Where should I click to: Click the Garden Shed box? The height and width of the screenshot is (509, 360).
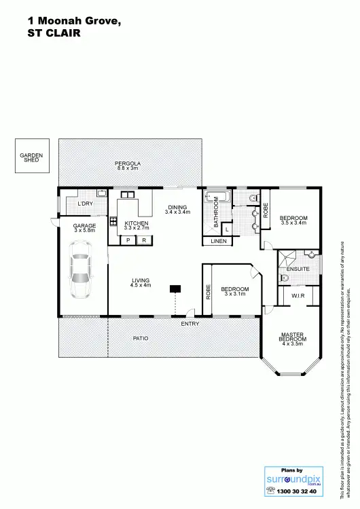coord(31,157)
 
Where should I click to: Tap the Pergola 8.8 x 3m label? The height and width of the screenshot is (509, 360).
coord(127,166)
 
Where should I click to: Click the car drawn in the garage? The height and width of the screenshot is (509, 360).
coord(81,276)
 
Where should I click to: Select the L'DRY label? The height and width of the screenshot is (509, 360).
coord(85,204)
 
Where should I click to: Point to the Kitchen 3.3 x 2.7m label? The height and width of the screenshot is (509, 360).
coord(136,225)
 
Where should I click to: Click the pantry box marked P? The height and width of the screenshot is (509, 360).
coord(128,240)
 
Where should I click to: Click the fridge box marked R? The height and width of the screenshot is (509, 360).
coord(144,240)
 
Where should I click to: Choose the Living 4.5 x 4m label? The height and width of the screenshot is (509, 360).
coord(140,282)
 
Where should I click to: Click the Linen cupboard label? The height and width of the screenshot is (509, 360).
coord(218,241)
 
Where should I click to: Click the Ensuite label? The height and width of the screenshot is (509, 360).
coord(298,269)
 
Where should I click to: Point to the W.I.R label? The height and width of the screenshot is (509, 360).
coord(298,296)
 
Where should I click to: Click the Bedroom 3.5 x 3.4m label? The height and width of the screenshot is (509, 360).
coord(293,220)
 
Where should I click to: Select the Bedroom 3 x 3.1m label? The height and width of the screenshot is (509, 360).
coord(235,292)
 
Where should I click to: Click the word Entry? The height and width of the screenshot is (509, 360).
coord(190,324)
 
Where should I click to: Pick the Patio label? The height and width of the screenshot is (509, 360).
coord(141,338)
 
